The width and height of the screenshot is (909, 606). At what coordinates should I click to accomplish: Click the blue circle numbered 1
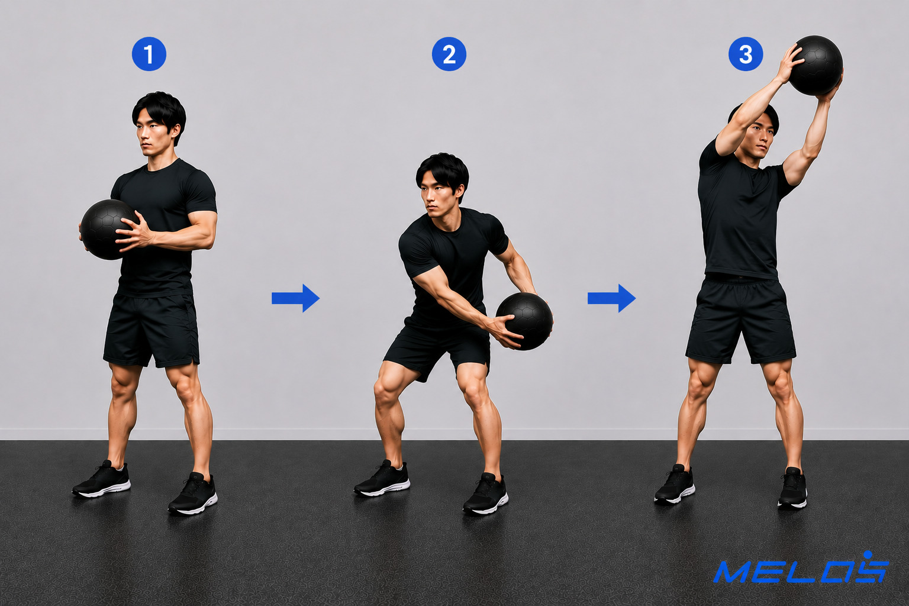point(149,54)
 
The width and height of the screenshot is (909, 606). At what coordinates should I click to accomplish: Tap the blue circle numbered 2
point(449,54)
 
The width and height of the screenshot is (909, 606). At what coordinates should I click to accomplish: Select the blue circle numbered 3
point(746,54)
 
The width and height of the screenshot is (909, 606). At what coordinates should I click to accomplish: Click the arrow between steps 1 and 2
point(295,298)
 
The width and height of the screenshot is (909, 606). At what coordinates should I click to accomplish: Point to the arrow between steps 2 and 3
point(611,298)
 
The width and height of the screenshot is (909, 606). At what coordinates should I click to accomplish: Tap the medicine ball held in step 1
point(108,230)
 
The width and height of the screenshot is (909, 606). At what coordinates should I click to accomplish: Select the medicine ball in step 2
point(524,321)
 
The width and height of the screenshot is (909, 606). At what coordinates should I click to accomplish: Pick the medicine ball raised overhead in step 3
point(815,65)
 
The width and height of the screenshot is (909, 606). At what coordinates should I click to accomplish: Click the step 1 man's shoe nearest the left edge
point(101,479)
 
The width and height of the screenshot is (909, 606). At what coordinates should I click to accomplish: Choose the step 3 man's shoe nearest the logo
point(792,488)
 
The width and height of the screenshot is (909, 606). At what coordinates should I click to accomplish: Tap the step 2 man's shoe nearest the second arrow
point(485,494)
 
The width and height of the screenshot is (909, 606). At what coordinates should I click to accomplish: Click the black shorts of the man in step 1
point(151,329)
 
